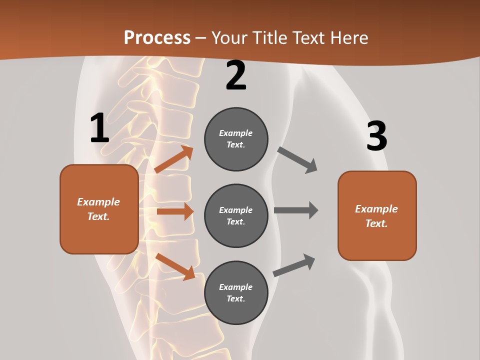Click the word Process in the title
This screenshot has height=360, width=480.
coord(157,37)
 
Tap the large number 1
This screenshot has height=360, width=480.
coord(99,128)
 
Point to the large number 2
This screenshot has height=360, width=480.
coord(236,75)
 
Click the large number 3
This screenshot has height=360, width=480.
coord(377,136)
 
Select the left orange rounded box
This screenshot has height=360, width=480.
coord(99,209)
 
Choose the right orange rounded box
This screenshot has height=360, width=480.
coord(377,216)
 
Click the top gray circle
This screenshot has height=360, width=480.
coord(236,139)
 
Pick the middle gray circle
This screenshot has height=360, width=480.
coord(236,215)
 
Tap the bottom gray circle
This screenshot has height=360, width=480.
coord(236,292)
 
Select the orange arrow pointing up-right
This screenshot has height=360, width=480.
coord(174,159)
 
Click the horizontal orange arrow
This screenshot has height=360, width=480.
coord(175,211)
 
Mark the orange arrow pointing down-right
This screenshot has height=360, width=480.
coord(175,267)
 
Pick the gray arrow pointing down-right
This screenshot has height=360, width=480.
coord(297,160)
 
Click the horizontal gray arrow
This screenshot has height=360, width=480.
coord(296,210)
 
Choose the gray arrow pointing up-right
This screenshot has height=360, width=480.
coord(294,265)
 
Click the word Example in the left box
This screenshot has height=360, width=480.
coord(98,202)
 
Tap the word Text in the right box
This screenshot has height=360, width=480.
coord(376,223)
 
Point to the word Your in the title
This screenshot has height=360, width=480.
coord(230,37)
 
